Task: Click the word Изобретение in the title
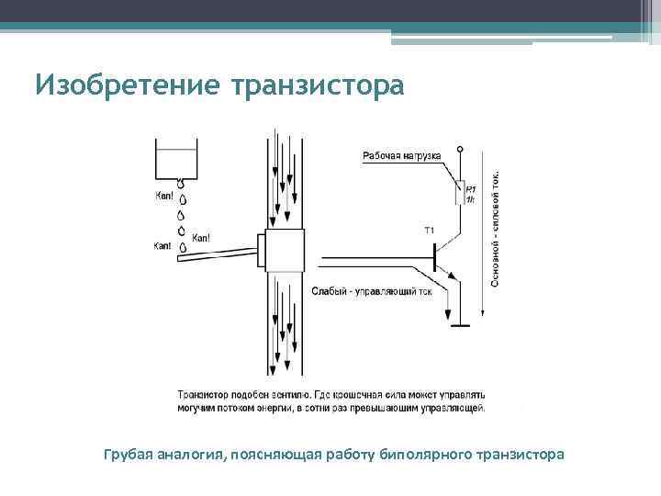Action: click(x=128, y=85)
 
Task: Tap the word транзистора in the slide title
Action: click(x=318, y=85)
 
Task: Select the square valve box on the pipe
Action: click(x=283, y=249)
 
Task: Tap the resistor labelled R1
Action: click(x=462, y=192)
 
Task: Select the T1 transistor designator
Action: click(x=429, y=230)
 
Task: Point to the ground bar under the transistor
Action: click(x=460, y=322)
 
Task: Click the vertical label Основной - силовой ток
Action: click(x=496, y=231)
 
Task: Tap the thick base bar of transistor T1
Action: click(x=433, y=260)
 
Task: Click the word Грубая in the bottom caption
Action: click(x=127, y=454)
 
